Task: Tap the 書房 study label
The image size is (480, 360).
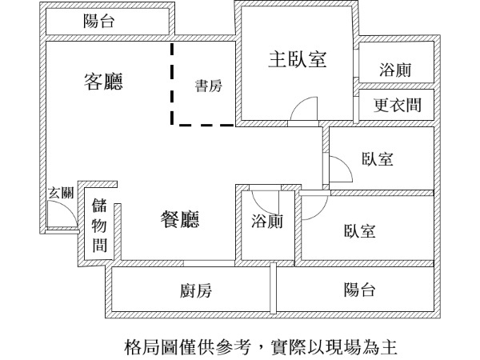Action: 208,87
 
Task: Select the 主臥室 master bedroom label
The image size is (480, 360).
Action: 298,59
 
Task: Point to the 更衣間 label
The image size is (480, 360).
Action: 398,105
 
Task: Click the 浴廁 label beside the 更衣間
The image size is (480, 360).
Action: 395,70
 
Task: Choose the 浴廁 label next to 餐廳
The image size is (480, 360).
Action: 266,222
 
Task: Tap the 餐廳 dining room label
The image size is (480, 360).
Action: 180,219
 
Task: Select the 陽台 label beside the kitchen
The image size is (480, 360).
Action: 359,290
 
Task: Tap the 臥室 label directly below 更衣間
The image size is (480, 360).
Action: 377,159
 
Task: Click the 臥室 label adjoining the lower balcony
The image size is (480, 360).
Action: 360,231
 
